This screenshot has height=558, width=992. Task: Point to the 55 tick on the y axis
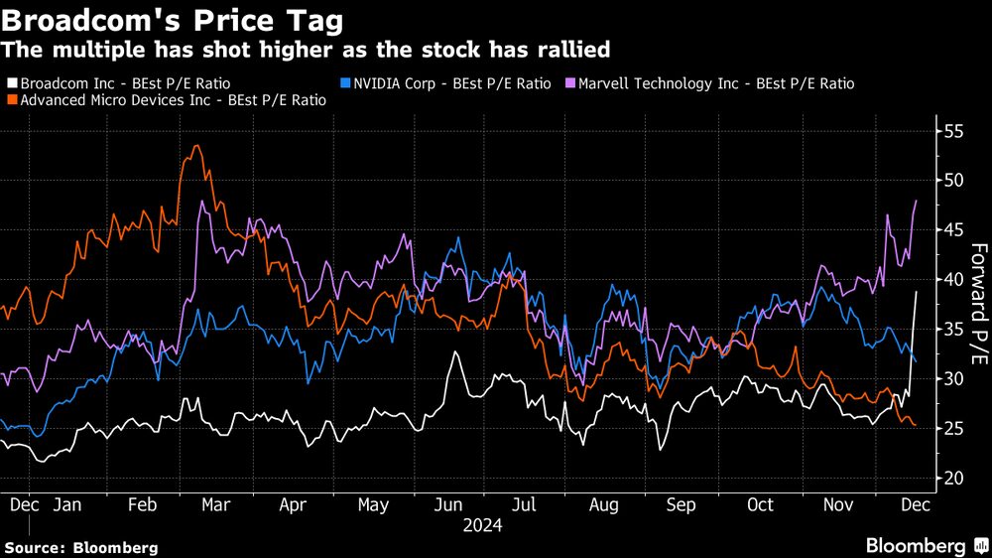coord(954,130)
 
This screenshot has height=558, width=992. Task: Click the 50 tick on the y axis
coord(954,180)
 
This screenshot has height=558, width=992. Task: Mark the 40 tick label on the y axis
coord(954,279)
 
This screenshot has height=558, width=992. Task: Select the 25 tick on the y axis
coord(954,428)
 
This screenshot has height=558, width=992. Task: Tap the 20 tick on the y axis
coord(954,478)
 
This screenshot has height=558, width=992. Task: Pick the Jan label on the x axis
coord(65,504)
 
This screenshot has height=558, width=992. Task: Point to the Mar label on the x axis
coord(215,504)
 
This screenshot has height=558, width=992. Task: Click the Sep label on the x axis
coord(681,504)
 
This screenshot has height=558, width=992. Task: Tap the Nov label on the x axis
coord(838,504)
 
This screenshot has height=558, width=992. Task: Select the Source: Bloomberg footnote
coord(81,547)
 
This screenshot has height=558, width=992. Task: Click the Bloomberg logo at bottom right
coord(916,545)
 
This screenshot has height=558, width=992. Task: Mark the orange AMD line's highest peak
coord(197,146)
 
